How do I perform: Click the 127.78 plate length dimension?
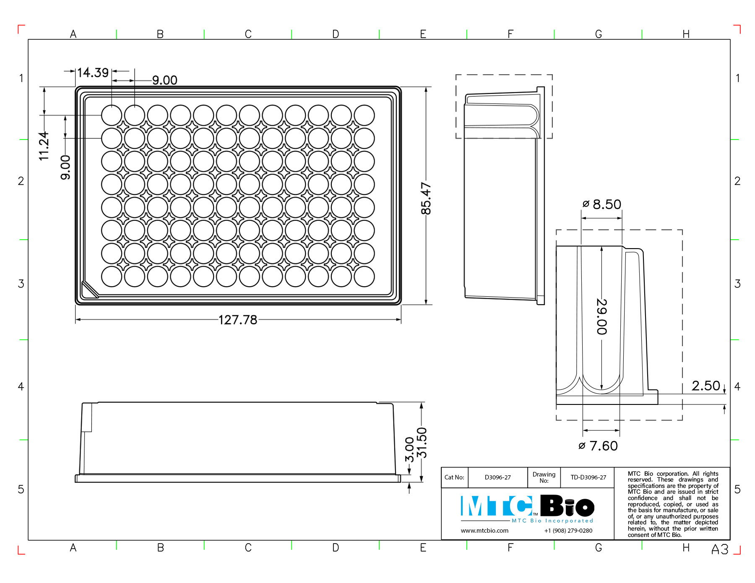pos(238,320)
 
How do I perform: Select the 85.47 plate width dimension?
pos(426,198)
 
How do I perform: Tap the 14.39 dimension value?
pos(93,73)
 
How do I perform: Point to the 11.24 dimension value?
pos(44,146)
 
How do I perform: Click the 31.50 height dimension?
pos(421,443)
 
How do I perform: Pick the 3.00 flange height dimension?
pos(409,449)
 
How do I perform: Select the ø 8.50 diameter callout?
pos(601,205)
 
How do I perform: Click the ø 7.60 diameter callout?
pos(598,446)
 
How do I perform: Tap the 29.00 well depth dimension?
pos(602,316)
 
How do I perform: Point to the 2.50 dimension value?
pos(706,386)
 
